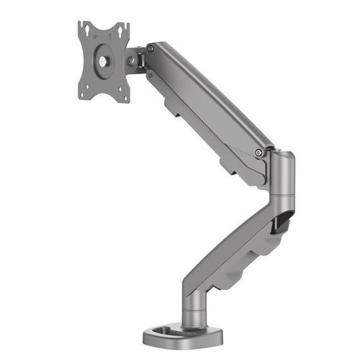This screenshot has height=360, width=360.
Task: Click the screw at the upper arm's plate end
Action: [150, 49]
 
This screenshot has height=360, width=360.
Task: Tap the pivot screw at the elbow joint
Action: [258, 152]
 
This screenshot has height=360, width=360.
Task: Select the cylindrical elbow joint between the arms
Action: [282, 176]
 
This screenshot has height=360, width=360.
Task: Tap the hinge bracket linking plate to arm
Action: [137, 58]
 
